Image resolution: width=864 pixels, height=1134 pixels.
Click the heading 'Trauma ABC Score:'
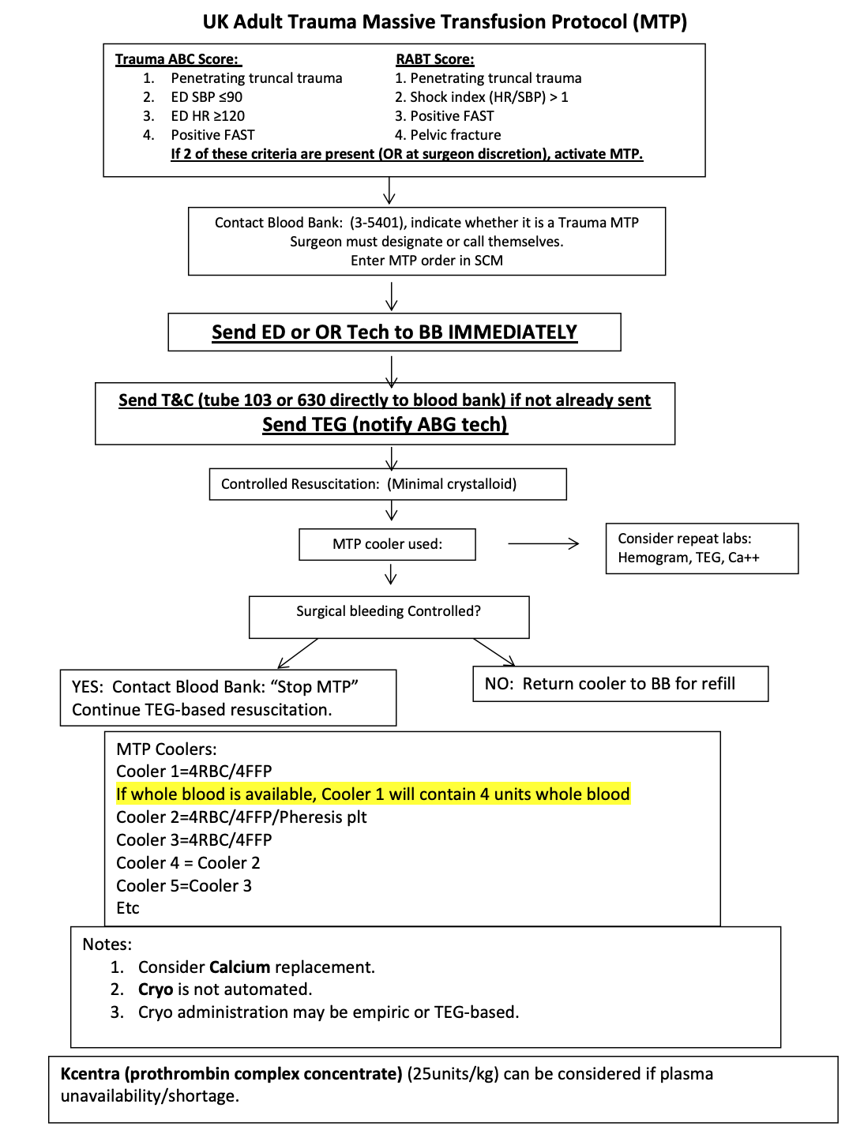[x=177, y=59]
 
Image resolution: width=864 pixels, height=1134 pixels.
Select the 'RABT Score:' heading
[x=434, y=59]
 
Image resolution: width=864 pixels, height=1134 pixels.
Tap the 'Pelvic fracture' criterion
[x=455, y=135]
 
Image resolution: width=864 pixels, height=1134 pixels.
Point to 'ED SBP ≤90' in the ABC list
[x=206, y=97]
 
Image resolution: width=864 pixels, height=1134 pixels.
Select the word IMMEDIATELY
[x=512, y=332]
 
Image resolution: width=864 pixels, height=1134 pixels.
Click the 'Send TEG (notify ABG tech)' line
[x=385, y=425]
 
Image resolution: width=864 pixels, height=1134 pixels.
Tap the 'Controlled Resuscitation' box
[x=388, y=484]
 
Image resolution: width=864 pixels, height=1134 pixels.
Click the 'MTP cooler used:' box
[x=387, y=544]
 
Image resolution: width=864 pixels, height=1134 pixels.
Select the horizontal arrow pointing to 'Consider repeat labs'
[x=543, y=543]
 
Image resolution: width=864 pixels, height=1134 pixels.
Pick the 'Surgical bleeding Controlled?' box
[x=389, y=617]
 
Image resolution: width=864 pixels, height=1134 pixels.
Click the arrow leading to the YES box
[x=297, y=654]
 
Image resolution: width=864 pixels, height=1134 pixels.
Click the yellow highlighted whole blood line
[x=373, y=794]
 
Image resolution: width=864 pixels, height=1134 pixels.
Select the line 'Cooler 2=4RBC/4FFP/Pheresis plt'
[x=242, y=817]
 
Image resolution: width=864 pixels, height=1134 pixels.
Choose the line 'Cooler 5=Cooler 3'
[x=184, y=886]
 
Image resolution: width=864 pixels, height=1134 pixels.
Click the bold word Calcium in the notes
[x=239, y=967]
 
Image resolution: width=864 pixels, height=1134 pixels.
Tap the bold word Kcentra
[x=90, y=1074]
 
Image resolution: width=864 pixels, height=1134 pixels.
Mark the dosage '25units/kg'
[x=452, y=1074]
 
